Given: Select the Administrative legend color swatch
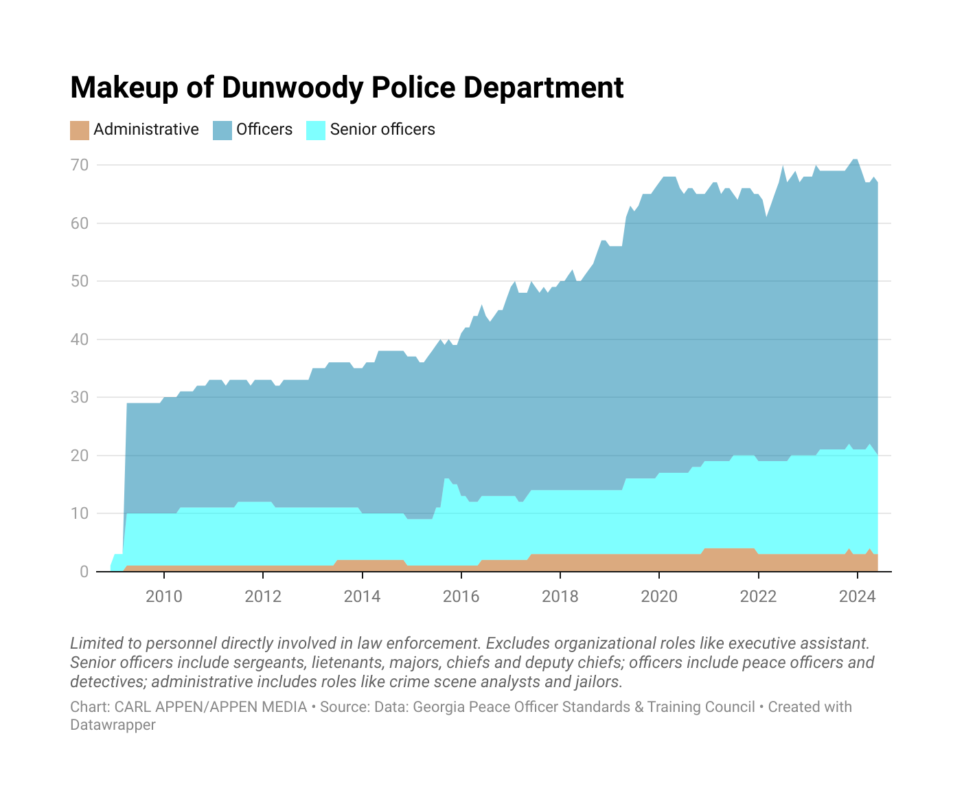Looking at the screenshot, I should click(x=80, y=130).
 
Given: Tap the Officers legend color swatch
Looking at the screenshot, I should click(x=222, y=130).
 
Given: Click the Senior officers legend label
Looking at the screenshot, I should click(x=382, y=129).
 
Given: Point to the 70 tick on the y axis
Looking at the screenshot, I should click(x=80, y=165).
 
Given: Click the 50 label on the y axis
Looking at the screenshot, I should click(x=80, y=281).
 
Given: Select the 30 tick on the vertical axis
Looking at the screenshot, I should click(x=80, y=397).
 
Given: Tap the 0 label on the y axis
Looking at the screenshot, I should click(x=84, y=572).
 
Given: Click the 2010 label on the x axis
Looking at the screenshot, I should click(x=164, y=596).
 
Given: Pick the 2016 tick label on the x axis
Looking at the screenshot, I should click(x=461, y=596).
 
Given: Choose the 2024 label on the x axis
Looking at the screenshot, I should click(x=857, y=596).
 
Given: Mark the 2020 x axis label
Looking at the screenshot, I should click(x=659, y=596).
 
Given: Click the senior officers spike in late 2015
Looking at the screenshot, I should click(x=446, y=480).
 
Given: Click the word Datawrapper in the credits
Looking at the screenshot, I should click(x=113, y=725).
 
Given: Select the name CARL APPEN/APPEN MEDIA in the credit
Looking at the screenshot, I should click(x=211, y=707).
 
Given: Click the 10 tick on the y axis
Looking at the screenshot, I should click(x=80, y=513).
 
